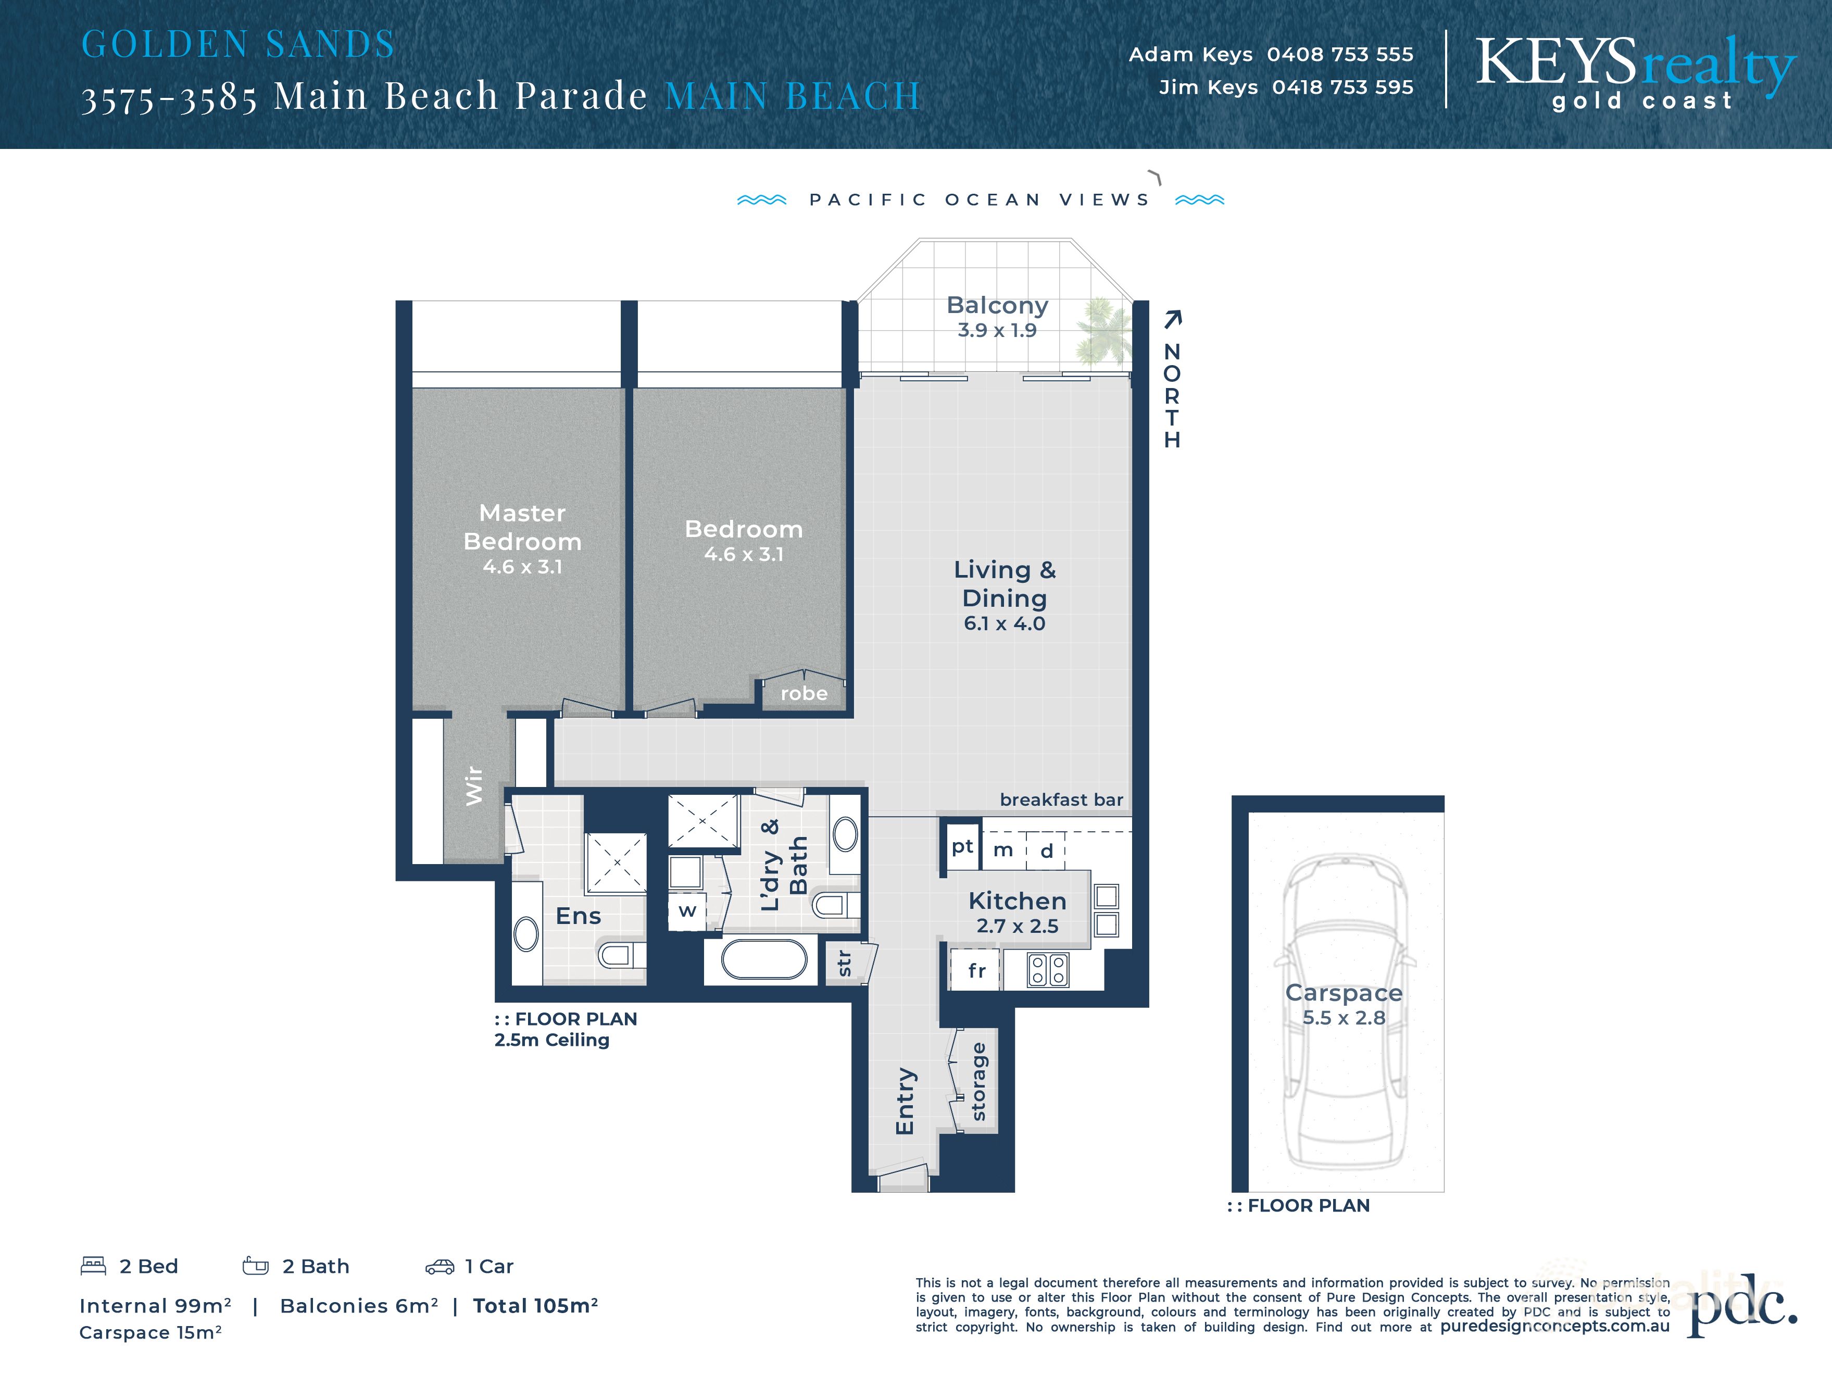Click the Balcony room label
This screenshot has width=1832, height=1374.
997,306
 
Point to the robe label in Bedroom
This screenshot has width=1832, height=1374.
804,693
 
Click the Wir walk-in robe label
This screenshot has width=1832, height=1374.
474,785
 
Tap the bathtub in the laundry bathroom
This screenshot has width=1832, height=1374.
763,961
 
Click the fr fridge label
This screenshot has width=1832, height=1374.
976,971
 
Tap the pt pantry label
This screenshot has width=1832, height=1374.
961,846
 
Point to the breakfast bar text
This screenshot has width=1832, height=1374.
1061,799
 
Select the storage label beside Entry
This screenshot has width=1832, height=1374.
978,1082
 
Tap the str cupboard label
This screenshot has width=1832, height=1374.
844,963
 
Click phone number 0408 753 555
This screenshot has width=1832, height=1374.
1339,55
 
